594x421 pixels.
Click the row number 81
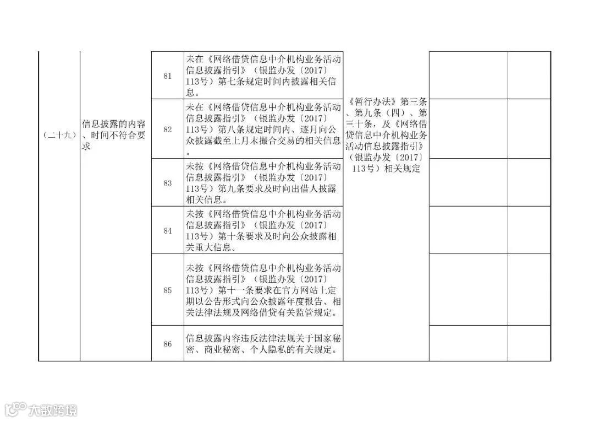[x=168, y=75]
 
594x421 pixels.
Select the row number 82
[x=168, y=129]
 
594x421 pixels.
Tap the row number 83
[x=168, y=183]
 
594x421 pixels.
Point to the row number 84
[x=168, y=230]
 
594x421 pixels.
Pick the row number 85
[x=168, y=290]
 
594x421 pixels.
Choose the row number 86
[x=168, y=344]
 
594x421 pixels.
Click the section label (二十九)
[x=59, y=135]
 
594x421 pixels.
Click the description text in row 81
[x=263, y=75]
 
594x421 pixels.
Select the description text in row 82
[x=263, y=129]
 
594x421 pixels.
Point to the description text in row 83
[x=263, y=183]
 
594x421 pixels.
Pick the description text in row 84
[x=263, y=230]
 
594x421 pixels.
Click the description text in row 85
[x=263, y=290]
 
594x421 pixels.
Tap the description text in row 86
[x=263, y=344]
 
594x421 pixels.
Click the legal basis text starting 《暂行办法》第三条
[x=386, y=135]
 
